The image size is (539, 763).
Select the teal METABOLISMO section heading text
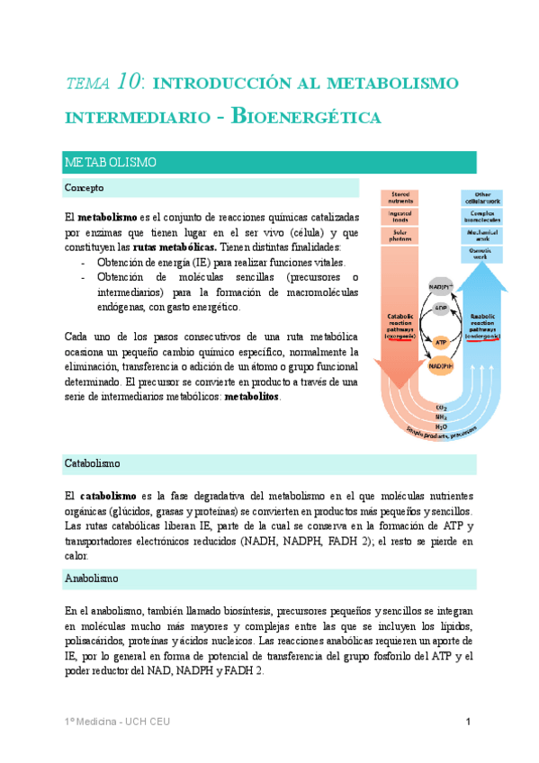click(111, 163)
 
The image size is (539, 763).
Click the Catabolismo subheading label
click(93, 463)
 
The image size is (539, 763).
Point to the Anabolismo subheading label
click(92, 579)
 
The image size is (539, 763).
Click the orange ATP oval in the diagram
click(441, 343)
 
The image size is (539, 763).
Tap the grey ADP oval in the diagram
click(441, 309)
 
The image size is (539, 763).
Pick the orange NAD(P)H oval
click(441, 367)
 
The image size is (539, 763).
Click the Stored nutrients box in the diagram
click(400, 197)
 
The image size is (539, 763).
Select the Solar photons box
click(400, 235)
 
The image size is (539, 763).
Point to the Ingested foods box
click(400, 216)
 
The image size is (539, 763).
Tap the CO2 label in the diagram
click(441, 407)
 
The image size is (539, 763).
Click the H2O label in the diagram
click(441, 426)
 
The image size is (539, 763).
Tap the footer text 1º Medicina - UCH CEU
click(117, 722)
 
